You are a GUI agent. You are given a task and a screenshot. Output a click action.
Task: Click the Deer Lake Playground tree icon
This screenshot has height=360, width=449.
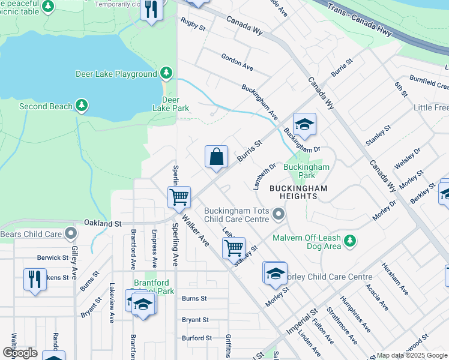click(x=166, y=74)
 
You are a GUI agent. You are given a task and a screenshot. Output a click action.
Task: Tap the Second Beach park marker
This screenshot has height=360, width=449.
click(x=82, y=106)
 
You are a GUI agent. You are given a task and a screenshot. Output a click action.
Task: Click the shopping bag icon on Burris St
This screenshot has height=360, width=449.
click(x=217, y=157)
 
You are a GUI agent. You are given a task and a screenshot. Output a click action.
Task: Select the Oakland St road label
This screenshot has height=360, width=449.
click(x=103, y=223)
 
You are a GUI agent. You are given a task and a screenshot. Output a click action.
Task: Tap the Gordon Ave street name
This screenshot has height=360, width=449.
click(x=237, y=61)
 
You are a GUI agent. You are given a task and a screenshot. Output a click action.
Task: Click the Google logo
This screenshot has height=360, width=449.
click(x=20, y=352)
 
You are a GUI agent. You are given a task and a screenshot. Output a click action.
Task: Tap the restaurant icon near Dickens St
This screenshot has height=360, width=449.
click(x=35, y=280)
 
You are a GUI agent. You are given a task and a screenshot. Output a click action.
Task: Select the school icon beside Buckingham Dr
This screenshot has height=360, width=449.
click(x=304, y=125)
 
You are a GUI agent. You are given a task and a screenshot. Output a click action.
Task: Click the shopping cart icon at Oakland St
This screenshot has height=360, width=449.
click(x=179, y=197)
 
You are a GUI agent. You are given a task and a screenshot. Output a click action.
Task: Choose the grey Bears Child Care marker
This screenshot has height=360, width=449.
click(x=71, y=233)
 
